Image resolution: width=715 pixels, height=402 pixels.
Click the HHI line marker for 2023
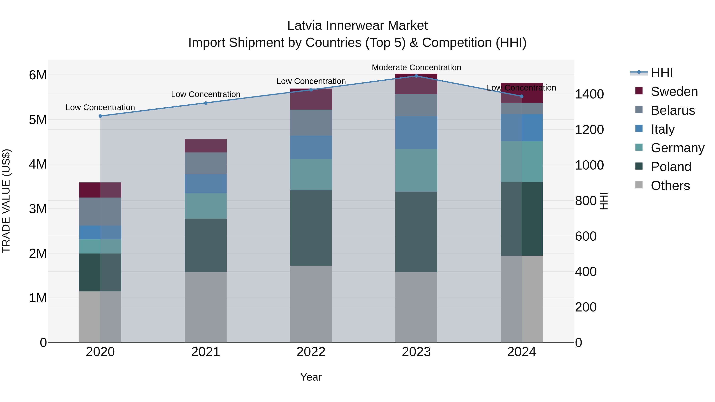[x=416, y=76]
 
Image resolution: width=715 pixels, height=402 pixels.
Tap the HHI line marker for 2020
[x=100, y=116]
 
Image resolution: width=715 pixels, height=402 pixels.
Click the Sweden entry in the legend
[x=674, y=92]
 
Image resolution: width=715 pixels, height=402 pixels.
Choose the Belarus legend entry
[x=672, y=110]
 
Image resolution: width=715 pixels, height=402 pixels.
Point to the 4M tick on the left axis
[x=38, y=164]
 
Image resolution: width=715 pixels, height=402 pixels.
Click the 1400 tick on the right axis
[x=589, y=94]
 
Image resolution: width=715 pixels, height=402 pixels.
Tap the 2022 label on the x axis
[x=311, y=352]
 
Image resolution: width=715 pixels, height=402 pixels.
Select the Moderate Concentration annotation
[x=416, y=67]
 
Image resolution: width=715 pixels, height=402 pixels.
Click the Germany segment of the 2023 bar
[x=416, y=170]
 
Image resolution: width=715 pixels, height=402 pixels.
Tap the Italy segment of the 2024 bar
[x=521, y=128]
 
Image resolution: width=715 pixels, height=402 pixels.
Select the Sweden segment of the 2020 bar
[x=100, y=190]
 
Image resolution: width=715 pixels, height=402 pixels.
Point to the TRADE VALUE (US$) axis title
[x=6, y=201]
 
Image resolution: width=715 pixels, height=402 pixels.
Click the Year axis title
[x=311, y=377]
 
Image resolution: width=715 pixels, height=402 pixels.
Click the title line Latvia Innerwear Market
[x=357, y=26]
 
